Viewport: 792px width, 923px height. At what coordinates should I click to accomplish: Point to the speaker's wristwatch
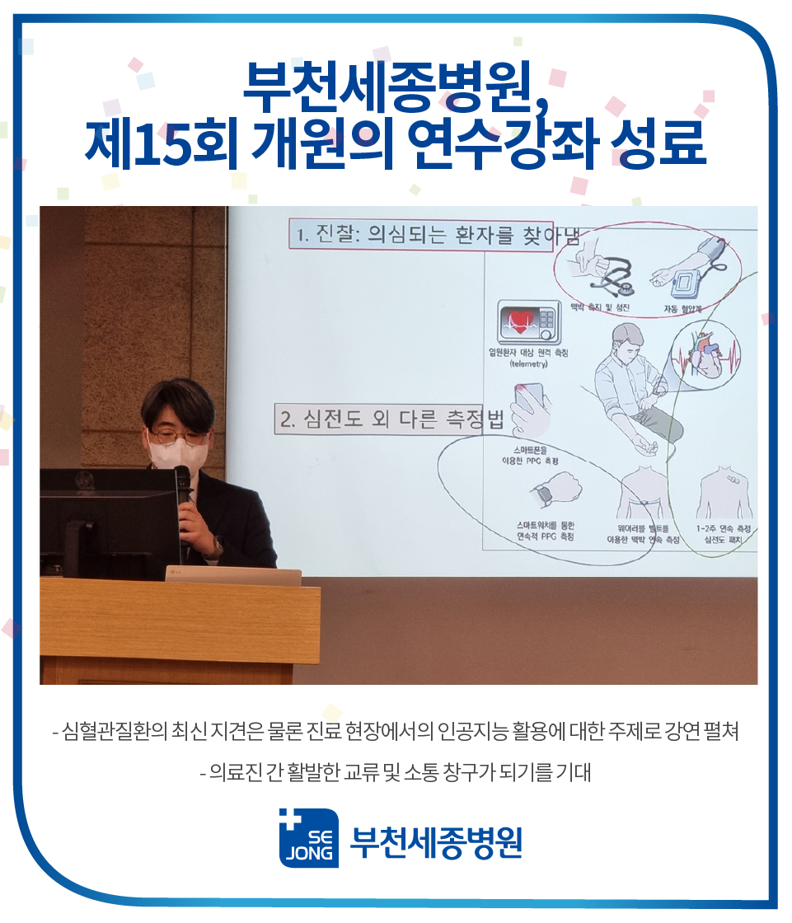218,545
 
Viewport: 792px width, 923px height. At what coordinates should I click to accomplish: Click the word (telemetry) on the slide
528,363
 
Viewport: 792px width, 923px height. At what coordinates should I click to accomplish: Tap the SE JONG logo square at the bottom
308,839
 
